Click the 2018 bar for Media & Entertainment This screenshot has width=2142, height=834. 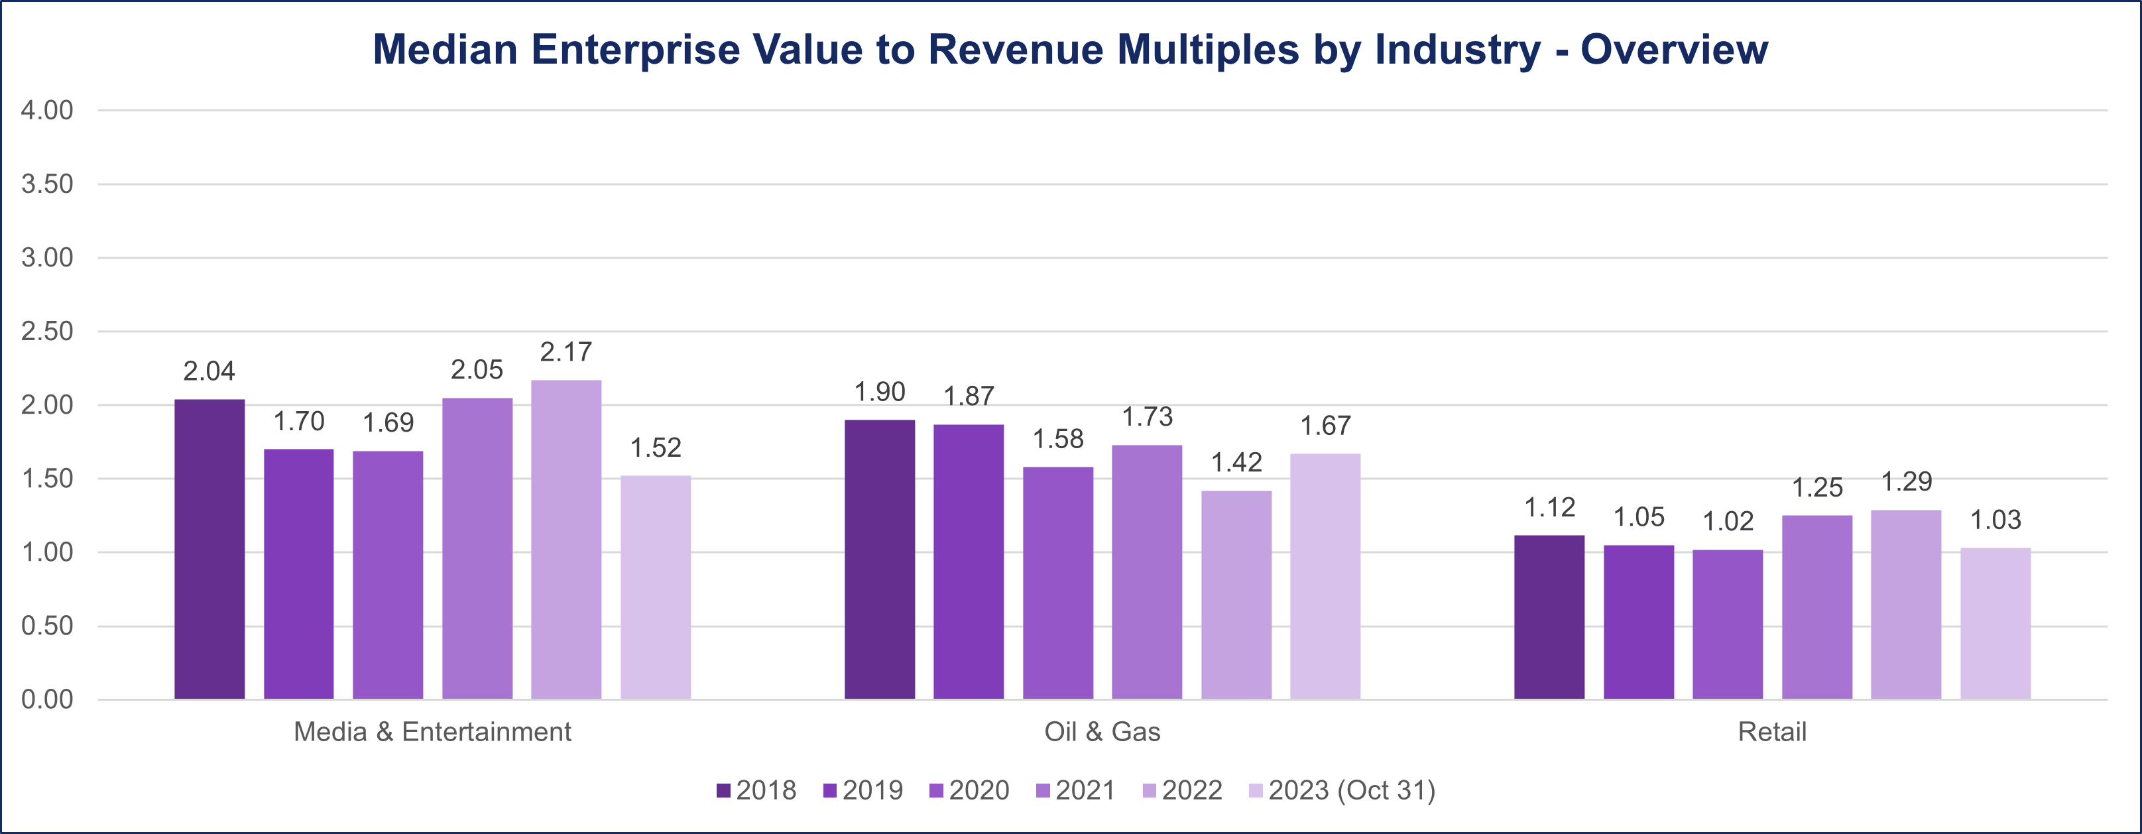[x=209, y=549]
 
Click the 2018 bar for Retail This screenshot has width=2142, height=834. [x=1549, y=617]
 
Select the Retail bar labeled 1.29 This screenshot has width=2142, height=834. [x=1906, y=605]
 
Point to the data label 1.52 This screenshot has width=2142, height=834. [x=655, y=448]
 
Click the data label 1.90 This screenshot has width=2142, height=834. [x=880, y=392]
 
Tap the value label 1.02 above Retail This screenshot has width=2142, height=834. [x=1728, y=521]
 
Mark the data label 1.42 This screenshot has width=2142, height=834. [x=1236, y=462]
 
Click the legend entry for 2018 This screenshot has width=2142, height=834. [x=756, y=790]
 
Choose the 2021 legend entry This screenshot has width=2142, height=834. [x=1075, y=790]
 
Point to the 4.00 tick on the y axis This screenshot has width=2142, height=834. [x=47, y=111]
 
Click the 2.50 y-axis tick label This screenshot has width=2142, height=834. [x=47, y=331]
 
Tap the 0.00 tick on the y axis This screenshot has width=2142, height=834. [x=47, y=699]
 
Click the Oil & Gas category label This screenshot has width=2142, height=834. [x=1102, y=732]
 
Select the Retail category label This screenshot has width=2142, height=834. [x=1772, y=732]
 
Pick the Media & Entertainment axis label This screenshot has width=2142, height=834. [x=432, y=732]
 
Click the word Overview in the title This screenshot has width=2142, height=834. [x=1674, y=49]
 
